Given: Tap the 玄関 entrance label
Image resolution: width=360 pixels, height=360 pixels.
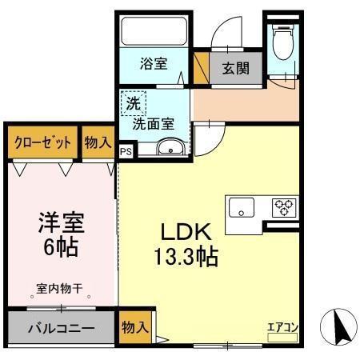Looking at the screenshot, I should pyautogui.click(x=235, y=67).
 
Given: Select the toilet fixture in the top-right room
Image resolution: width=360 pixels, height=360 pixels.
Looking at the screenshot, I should pyautogui.click(x=283, y=44).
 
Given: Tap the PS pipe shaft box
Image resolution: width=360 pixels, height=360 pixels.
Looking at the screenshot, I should pyautogui.click(x=126, y=150).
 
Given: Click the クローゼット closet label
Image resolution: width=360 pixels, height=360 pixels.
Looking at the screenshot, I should pyautogui.click(x=42, y=142).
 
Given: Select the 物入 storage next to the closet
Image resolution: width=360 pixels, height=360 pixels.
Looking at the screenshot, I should pyautogui.click(x=98, y=142).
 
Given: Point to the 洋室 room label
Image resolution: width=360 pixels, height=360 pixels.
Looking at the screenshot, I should pyautogui.click(x=60, y=221).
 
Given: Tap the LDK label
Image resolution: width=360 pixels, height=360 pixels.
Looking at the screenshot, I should pyautogui.click(x=186, y=232).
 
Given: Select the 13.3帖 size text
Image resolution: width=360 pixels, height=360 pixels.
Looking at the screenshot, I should pyautogui.click(x=186, y=257).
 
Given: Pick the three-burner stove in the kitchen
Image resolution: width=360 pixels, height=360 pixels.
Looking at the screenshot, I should pyautogui.click(x=283, y=207).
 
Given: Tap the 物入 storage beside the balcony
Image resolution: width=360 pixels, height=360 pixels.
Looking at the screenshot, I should pyautogui.click(x=134, y=326).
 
